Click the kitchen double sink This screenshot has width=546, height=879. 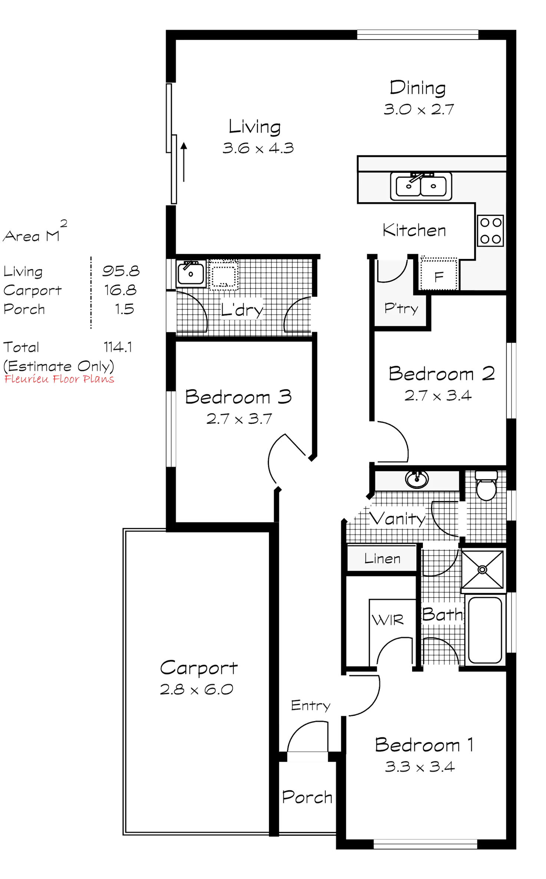tap(421, 185)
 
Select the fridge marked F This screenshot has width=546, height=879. tap(439, 277)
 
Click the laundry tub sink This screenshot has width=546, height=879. tap(191, 273)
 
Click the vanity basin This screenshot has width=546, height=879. tap(417, 479)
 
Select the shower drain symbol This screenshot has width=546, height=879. tap(483, 569)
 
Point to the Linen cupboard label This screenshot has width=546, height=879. tap(382, 558)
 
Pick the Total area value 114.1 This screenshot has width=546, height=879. tap(118, 347)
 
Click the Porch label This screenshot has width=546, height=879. tap(307, 797)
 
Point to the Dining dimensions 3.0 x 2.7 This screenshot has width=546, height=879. tap(418, 109)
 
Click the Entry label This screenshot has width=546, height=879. tap(310, 705)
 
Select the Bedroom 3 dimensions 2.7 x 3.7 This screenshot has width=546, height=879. tap(239, 419)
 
